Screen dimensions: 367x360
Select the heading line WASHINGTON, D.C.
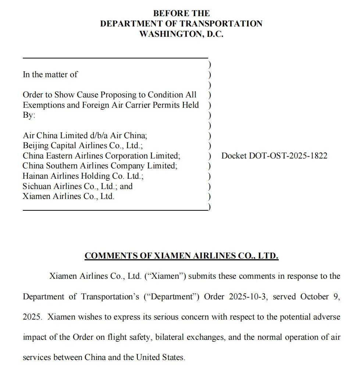click(x=181, y=34)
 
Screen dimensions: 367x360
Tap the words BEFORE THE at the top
click(x=181, y=13)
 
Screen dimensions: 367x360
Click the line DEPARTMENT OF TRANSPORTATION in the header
click(x=181, y=24)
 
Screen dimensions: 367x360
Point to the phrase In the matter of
click(x=50, y=74)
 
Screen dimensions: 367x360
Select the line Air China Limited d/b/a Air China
click(x=85, y=135)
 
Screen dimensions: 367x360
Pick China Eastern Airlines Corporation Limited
click(x=101, y=156)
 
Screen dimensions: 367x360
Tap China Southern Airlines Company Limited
click(x=100, y=166)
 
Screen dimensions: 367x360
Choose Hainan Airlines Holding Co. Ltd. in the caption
click(x=83, y=176)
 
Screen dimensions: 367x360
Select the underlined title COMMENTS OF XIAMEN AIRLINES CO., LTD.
click(x=181, y=256)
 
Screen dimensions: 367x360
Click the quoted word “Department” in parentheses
click(x=171, y=296)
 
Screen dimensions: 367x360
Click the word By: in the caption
click(x=29, y=115)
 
